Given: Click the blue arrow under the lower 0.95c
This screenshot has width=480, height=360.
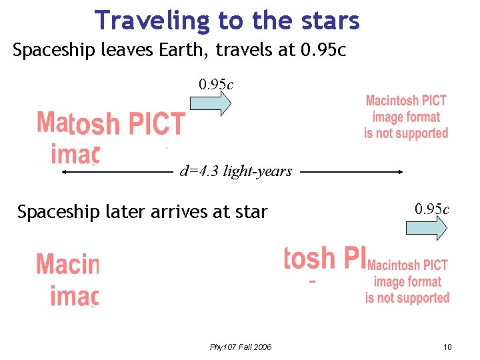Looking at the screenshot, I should pos(427,229).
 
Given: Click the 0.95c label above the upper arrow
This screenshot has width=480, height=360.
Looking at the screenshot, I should pos(216,85).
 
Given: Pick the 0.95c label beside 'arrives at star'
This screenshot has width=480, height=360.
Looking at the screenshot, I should pos(432,209).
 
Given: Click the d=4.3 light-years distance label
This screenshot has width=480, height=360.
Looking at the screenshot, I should pos(236,171).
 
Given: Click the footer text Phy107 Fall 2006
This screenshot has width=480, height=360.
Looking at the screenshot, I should pos(241,347).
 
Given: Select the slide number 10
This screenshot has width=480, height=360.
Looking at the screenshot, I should pos(447,347).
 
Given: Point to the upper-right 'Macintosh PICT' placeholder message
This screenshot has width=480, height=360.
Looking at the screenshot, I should pos(406,101).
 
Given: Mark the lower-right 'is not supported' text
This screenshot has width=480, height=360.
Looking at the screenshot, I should pos(407,297).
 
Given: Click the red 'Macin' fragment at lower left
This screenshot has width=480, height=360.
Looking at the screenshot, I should pos(67,264).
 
